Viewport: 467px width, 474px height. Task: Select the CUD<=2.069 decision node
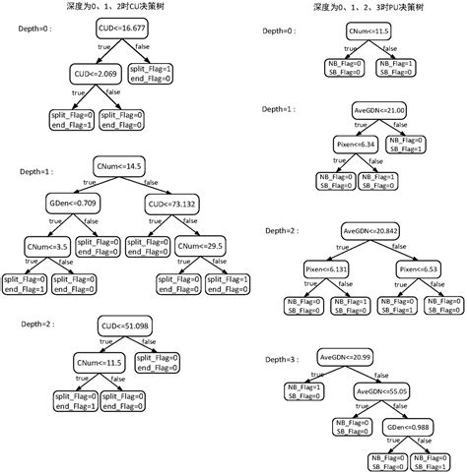(94, 74)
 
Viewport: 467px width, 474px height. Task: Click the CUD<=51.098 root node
(122, 325)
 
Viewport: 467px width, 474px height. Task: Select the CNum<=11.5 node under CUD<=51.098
(101, 363)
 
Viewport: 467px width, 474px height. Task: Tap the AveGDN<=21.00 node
(378, 112)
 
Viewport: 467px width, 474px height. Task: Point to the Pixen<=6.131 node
(325, 267)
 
